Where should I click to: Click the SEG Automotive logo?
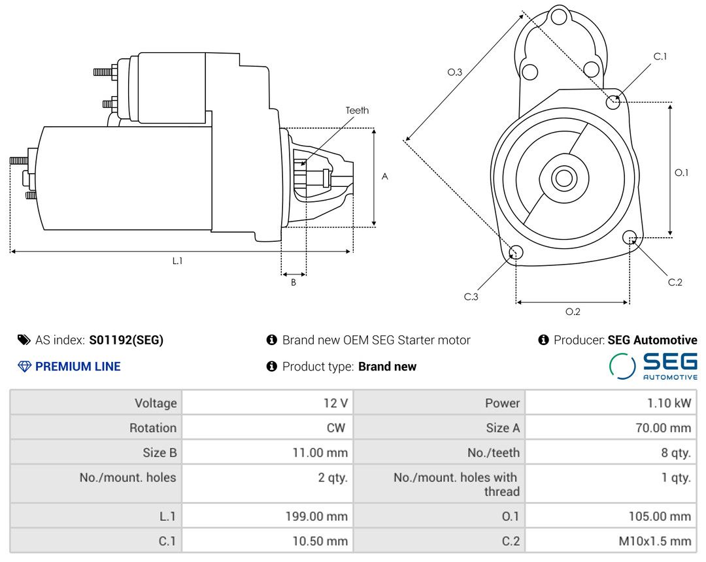coord(653,366)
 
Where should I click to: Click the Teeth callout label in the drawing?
coord(357,110)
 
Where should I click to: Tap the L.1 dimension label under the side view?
coord(177,261)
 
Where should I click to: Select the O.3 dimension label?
coord(455,73)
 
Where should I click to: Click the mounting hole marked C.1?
coord(613,102)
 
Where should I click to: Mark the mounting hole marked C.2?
coord(630,237)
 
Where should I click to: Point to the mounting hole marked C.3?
coord(516,253)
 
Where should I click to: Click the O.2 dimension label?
coord(573,312)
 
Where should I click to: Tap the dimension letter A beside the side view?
coord(384,176)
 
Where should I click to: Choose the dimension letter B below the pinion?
coord(294,283)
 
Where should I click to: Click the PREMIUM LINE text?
coord(78,367)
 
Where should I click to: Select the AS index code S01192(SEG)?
coord(126,340)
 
